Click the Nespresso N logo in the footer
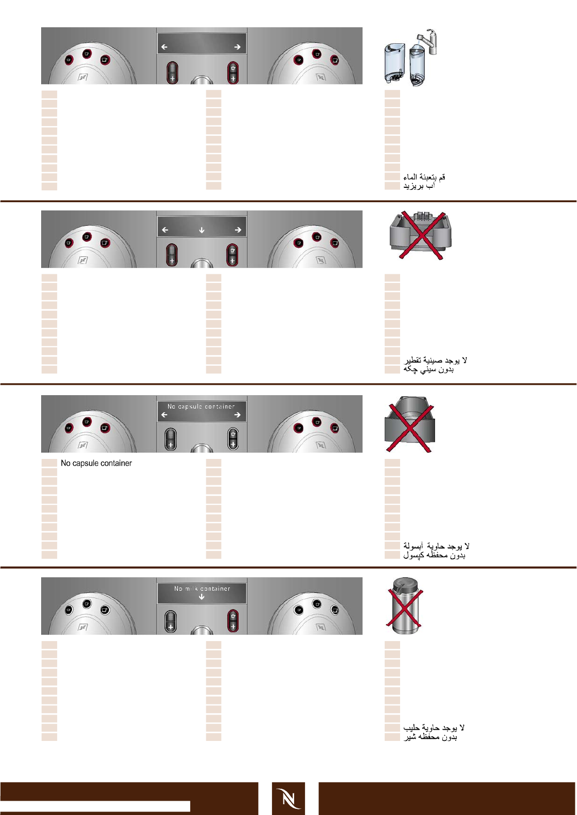pyautogui.click(x=288, y=799)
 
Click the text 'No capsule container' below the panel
pyautogui.click(x=96, y=463)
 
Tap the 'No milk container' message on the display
pyautogui.click(x=202, y=589)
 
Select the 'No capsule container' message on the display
pyautogui.click(x=201, y=406)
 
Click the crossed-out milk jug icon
pyautogui.click(x=405, y=606)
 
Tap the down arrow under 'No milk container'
pyautogui.click(x=202, y=597)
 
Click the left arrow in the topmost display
pyautogui.click(x=164, y=47)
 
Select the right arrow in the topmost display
pyautogui.click(x=238, y=47)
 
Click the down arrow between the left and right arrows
pyautogui.click(x=202, y=230)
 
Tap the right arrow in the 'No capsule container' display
pyautogui.click(x=238, y=415)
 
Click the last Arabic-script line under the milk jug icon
pyautogui.click(x=430, y=737)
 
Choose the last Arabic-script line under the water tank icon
pyautogui.click(x=419, y=186)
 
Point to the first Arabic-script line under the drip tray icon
pyautogui.click(x=435, y=360)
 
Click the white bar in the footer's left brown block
pyautogui.click(x=95, y=806)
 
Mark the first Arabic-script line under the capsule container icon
pyautogui.click(x=436, y=546)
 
